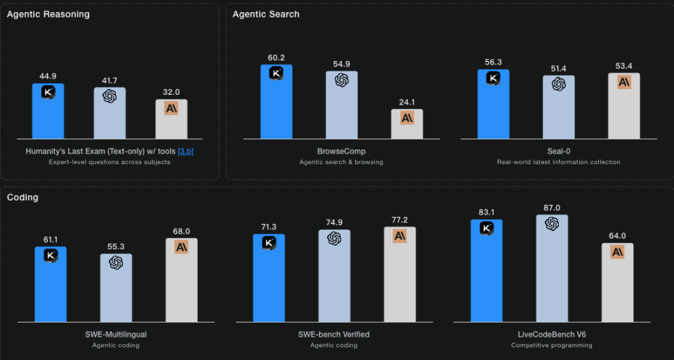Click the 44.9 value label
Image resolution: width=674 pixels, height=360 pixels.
click(x=48, y=76)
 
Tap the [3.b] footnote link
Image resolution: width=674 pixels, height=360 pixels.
click(x=185, y=151)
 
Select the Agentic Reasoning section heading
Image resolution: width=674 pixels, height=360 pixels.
click(x=48, y=14)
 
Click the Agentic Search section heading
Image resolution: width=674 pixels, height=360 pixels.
click(x=265, y=14)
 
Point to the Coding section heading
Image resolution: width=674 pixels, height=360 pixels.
click(x=22, y=197)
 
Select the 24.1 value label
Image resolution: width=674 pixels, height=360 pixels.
click(x=407, y=102)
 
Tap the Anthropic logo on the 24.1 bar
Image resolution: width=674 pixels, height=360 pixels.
click(x=407, y=117)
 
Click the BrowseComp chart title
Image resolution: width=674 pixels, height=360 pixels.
click(x=341, y=151)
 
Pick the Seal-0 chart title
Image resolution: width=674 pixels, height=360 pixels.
click(x=558, y=151)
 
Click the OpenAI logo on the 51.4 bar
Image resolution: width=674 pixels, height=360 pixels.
click(x=558, y=84)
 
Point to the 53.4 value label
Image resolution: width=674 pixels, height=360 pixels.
click(x=624, y=66)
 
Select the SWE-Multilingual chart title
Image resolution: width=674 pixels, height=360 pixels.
click(x=115, y=334)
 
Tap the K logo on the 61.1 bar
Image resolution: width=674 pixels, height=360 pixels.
click(x=51, y=255)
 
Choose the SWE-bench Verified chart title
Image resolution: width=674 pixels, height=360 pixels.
click(x=334, y=334)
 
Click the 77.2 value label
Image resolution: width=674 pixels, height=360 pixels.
click(x=399, y=220)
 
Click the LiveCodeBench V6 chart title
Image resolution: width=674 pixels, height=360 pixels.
click(x=552, y=334)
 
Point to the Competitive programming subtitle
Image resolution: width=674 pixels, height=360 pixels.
click(x=552, y=345)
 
